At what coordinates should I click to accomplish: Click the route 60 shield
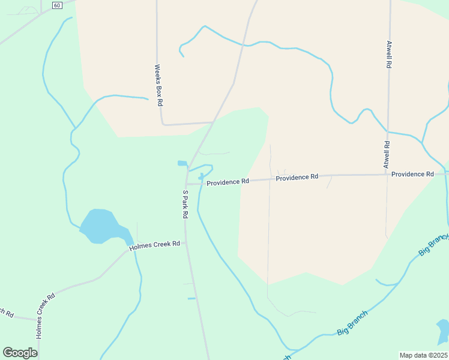click(56, 5)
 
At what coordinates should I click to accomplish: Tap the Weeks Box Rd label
click(158, 85)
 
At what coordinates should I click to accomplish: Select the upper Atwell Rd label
click(390, 54)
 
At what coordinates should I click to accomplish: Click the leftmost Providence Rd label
click(228, 182)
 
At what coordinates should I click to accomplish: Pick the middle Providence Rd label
click(297, 178)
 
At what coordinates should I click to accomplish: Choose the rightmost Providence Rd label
click(412, 174)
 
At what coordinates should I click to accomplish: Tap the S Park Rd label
click(185, 205)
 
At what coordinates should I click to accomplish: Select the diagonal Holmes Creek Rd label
click(46, 316)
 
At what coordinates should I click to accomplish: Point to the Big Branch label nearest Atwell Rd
click(433, 245)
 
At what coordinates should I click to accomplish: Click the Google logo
click(20, 353)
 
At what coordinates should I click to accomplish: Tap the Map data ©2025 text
click(423, 355)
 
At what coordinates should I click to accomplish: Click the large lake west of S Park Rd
click(101, 226)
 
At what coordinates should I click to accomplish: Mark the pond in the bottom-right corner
click(443, 331)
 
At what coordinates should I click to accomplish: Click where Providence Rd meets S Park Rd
click(185, 184)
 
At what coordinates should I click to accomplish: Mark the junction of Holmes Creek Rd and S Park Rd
click(185, 242)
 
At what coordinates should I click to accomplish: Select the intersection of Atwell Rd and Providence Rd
click(387, 175)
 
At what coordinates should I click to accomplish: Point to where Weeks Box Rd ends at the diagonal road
click(213, 122)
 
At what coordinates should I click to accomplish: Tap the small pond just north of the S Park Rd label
click(182, 163)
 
